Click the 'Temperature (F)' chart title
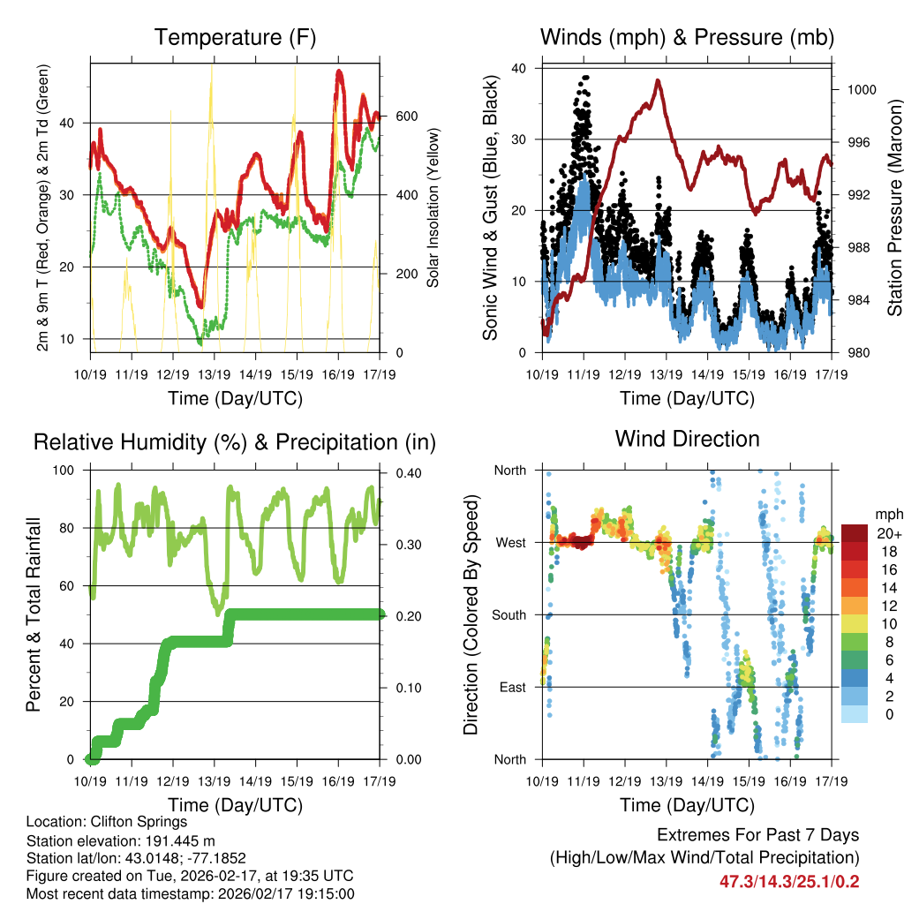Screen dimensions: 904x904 tap(235, 37)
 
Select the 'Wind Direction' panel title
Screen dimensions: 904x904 tap(687, 439)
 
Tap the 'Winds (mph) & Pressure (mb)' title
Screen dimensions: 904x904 tap(687, 37)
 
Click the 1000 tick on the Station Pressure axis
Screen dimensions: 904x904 tap(860, 89)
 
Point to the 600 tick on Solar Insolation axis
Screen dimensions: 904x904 tap(407, 117)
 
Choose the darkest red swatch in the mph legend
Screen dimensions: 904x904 tap(854, 533)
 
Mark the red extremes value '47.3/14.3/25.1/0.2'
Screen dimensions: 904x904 tap(789, 881)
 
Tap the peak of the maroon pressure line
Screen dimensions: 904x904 tap(658, 80)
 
